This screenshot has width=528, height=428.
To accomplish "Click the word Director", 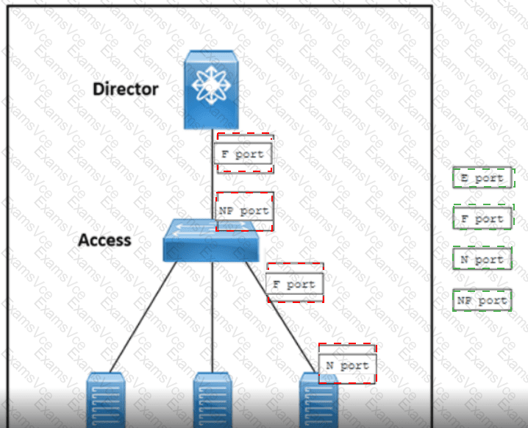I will point(125,89).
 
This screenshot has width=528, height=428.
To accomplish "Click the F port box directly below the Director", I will point(244,154).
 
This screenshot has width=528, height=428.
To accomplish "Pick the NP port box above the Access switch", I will point(245,211).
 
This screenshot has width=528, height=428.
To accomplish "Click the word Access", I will point(104,240).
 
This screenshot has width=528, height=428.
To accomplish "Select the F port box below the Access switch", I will point(294,285).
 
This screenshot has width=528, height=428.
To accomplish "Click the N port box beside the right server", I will point(347,365).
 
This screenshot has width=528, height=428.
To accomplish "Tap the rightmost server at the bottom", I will point(318,401).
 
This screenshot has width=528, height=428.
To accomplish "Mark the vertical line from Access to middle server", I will point(212,316).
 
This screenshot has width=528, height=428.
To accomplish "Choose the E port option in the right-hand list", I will point(482,178).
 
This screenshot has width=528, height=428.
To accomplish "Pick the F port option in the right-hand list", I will point(482,218).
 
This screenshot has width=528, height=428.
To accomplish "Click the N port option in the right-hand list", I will point(482,259).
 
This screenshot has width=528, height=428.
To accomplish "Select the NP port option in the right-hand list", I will point(482,300).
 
